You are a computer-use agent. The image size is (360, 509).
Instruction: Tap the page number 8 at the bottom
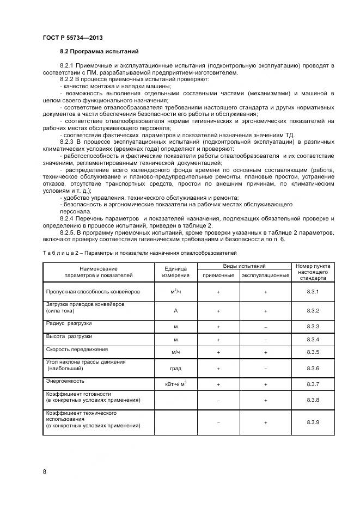coord(44,471)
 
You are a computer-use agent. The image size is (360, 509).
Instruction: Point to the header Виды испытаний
coord(244,266)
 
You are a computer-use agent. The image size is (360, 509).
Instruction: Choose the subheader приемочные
coord(218,275)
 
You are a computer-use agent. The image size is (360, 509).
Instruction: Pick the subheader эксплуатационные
coord(266,275)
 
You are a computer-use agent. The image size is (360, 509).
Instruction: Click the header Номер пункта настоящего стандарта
coord(313,272)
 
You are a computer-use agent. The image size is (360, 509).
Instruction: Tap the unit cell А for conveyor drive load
coord(175,311)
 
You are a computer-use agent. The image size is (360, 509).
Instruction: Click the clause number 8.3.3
coord(313,326)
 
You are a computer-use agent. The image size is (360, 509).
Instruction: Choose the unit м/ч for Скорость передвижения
coord(175,352)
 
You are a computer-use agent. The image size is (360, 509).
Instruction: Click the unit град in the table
coord(175,369)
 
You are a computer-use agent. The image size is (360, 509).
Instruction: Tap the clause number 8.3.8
coord(313,400)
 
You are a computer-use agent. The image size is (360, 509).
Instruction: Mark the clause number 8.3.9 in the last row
coord(313,422)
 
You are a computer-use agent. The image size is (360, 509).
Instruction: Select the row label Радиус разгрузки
coord(69,323)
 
